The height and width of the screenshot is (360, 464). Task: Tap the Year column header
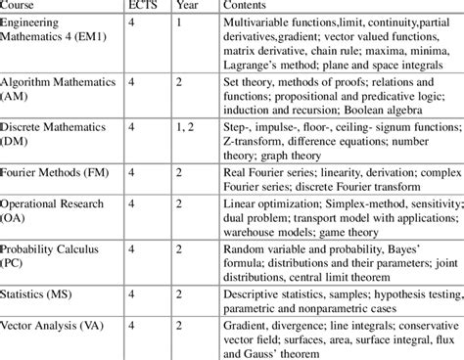187,7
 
